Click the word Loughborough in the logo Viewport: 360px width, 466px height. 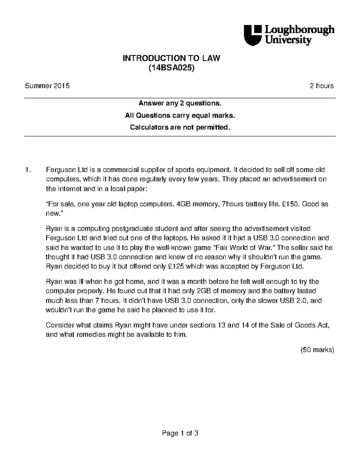(299, 30)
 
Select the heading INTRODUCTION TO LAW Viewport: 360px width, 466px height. (171, 58)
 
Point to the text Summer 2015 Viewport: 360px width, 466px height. (47, 86)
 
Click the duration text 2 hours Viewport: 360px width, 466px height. (322, 86)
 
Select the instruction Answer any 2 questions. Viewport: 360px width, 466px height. (180, 104)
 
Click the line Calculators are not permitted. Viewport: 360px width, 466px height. (180, 128)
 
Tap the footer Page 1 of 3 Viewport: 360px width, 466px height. (180, 433)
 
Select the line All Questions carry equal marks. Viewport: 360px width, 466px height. (180, 116)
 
